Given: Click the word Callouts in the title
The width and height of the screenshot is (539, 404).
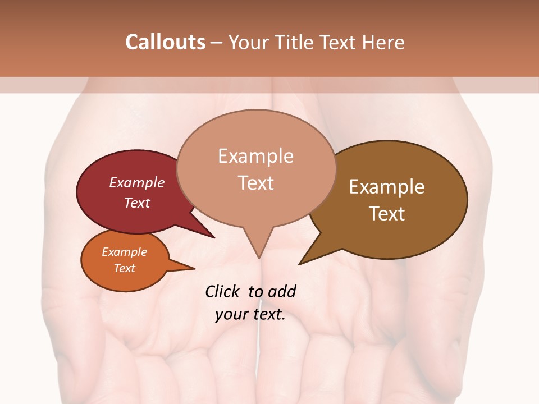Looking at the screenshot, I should click(165, 42).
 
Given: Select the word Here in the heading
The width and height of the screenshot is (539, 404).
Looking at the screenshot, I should click(384, 42).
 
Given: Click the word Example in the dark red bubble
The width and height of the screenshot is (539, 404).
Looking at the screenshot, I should click(137, 182).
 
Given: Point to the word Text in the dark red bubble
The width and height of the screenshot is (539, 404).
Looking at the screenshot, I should click(137, 203).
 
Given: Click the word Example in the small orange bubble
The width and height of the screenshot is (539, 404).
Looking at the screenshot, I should click(125, 252).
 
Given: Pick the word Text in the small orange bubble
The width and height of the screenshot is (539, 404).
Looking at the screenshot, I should click(125, 268).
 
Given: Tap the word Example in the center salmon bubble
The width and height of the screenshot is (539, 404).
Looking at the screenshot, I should click(256, 155).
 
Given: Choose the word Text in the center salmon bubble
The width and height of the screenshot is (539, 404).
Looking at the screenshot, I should click(256, 182).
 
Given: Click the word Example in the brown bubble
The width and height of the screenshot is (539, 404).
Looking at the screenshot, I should click(387, 187).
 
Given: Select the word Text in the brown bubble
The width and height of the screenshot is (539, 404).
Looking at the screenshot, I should click(387, 213).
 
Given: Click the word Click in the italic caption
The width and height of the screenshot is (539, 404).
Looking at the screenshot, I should click(222, 291).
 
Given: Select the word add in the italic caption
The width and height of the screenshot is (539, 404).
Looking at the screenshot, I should click(282, 291).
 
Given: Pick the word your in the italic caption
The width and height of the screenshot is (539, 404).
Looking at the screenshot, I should click(231, 314).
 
